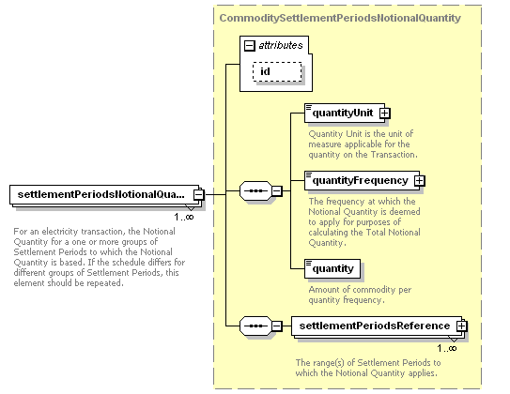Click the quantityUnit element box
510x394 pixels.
tap(345, 113)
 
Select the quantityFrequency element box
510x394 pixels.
tap(362, 181)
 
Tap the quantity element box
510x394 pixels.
tap(332, 268)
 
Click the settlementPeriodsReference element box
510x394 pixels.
tap(377, 326)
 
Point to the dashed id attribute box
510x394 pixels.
tap(277, 71)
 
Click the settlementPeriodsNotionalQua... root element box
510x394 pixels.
tap(104, 194)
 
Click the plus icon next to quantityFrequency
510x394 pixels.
tap(420, 181)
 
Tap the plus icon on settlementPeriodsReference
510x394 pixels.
tap(461, 326)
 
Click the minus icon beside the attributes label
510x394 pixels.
tap(250, 45)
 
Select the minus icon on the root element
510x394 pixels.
tap(199, 194)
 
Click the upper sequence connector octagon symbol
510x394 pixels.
tap(255, 190)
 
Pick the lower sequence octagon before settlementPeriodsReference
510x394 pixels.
tap(255, 326)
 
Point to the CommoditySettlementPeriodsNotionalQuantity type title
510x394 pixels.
tap(340, 18)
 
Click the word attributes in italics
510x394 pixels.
tap(281, 45)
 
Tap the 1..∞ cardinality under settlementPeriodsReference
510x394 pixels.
tap(447, 349)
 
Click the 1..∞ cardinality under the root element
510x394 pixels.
tap(184, 217)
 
